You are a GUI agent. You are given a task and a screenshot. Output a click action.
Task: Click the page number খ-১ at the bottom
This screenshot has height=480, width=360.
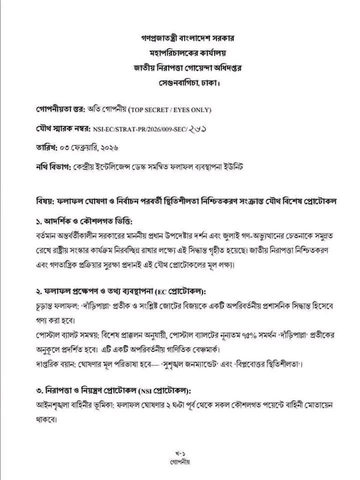tap(179, 453)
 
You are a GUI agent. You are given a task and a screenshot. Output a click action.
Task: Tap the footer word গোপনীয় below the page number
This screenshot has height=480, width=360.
tap(179, 462)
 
